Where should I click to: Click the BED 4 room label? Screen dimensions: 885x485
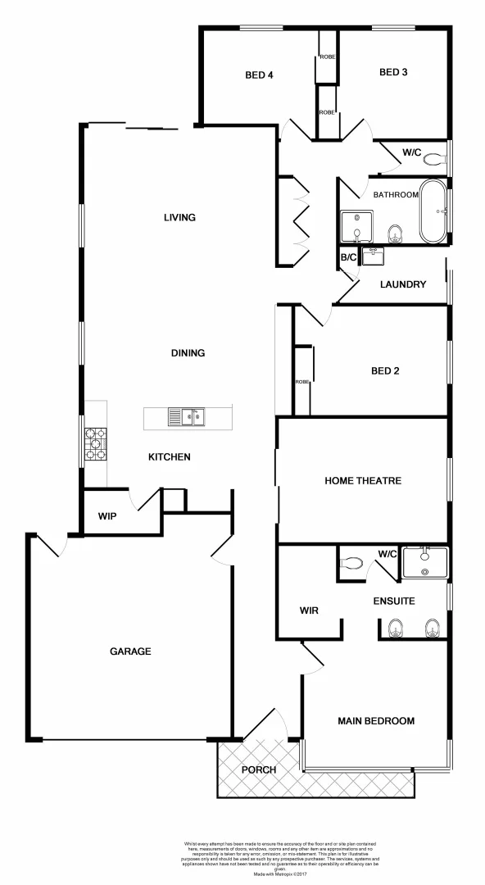tap(259, 75)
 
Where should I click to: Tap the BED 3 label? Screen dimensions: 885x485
tap(393, 72)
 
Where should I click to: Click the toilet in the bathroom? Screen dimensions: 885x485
tap(395, 234)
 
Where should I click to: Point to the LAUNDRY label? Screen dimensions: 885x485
tap(403, 284)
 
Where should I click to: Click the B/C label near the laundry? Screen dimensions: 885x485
tap(348, 257)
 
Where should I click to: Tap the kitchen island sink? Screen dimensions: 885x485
tap(187, 418)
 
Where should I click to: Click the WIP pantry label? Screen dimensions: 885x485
tap(106, 516)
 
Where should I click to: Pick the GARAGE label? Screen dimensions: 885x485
tap(131, 651)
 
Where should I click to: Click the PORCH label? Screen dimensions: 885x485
tap(258, 770)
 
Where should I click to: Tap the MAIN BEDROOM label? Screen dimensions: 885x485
tap(376, 721)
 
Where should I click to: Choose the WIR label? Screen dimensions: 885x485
tap(309, 610)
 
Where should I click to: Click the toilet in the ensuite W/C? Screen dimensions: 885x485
tap(352, 564)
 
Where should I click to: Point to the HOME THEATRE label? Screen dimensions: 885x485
tap(363, 480)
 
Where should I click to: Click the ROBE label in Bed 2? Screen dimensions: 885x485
tap(301, 382)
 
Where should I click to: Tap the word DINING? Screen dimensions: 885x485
tap(188, 353)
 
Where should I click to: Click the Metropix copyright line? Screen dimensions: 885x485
tap(279, 875)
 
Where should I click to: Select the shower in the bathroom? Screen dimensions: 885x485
tap(356, 227)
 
